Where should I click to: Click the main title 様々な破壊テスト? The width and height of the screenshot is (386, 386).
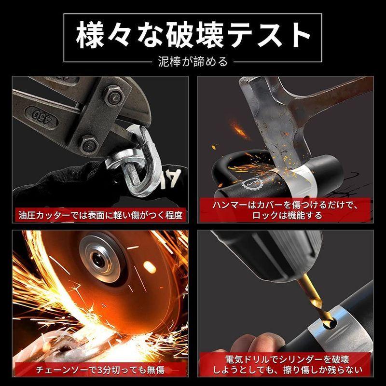click(193, 35)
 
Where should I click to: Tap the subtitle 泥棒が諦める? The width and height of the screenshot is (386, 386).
click(193, 62)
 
